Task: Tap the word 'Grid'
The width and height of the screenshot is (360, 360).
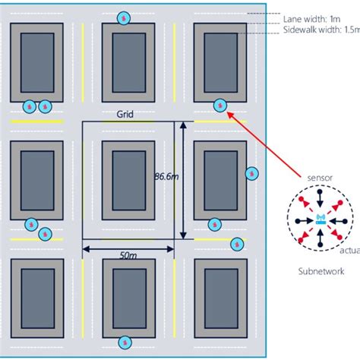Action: pyautogui.click(x=125, y=114)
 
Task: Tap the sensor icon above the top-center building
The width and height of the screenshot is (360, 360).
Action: pyautogui.click(x=125, y=17)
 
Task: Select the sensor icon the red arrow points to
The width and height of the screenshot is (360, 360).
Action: pyautogui.click(x=219, y=106)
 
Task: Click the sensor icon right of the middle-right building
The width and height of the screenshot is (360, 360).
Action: pyautogui.click(x=251, y=174)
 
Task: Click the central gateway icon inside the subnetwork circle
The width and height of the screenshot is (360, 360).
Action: pyautogui.click(x=319, y=219)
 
